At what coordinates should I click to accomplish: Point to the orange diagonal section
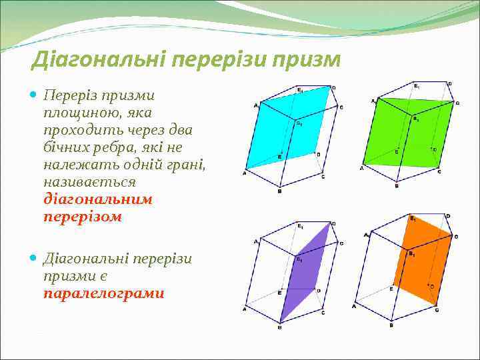[x=423, y=260]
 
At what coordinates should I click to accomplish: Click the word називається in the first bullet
[x=89, y=181]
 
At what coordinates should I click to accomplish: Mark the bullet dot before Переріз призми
[x=35, y=95]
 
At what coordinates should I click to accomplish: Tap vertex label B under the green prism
[x=397, y=186]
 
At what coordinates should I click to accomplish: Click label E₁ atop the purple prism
[x=300, y=225]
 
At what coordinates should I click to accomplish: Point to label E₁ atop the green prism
[x=417, y=85]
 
